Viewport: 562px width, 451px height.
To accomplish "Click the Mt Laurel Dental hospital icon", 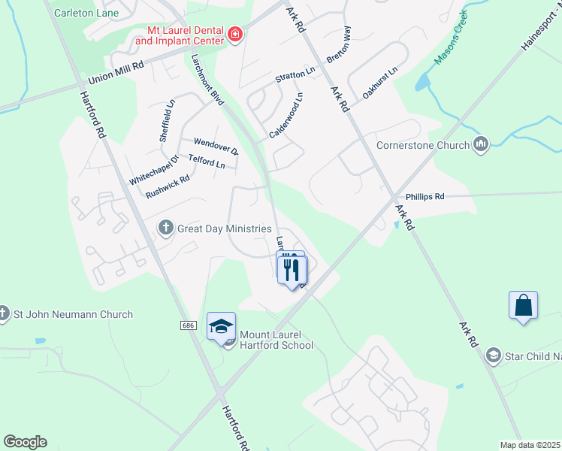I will [234, 35].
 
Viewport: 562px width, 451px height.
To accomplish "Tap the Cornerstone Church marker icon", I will [482, 144].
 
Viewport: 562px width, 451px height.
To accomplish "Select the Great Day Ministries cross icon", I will [165, 228].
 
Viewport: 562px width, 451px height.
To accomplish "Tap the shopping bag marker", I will [523, 306].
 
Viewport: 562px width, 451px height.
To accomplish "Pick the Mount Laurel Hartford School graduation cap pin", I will [221, 326].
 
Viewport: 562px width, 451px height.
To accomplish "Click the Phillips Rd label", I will [425, 196].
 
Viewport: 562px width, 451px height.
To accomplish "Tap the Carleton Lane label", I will [86, 13].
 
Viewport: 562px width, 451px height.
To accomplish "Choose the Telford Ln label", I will [207, 162].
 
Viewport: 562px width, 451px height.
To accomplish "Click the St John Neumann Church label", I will [73, 314].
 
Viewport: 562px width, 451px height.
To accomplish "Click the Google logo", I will [25, 442].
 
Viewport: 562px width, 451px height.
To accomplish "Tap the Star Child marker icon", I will [494, 354].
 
